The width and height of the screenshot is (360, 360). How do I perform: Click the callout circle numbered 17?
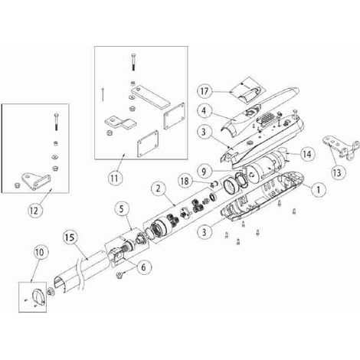tap(205, 91)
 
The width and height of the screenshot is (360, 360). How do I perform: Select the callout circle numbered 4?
tap(205, 110)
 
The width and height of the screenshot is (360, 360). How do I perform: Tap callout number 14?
tap(307, 154)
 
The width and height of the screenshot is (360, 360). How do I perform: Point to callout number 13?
tap(337, 172)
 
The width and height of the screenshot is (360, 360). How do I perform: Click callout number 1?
tap(318, 189)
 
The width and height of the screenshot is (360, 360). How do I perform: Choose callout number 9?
tap(204, 172)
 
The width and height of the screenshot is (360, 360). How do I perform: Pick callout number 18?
tap(185, 181)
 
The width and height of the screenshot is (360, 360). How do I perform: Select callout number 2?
tap(159, 189)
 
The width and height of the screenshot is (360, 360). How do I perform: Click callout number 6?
tap(143, 267)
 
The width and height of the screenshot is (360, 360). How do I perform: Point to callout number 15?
tap(70, 237)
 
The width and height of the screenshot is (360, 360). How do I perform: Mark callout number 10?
tap(40, 252)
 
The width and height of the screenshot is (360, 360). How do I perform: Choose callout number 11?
tap(114, 178)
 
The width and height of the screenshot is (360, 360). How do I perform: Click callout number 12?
tap(34, 211)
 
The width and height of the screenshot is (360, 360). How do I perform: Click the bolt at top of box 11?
tap(134, 62)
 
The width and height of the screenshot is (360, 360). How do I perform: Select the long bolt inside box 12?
tap(56, 122)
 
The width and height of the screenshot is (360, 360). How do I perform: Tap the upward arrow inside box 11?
tap(102, 94)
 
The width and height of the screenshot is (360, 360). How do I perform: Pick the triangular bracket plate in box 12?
tap(35, 181)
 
